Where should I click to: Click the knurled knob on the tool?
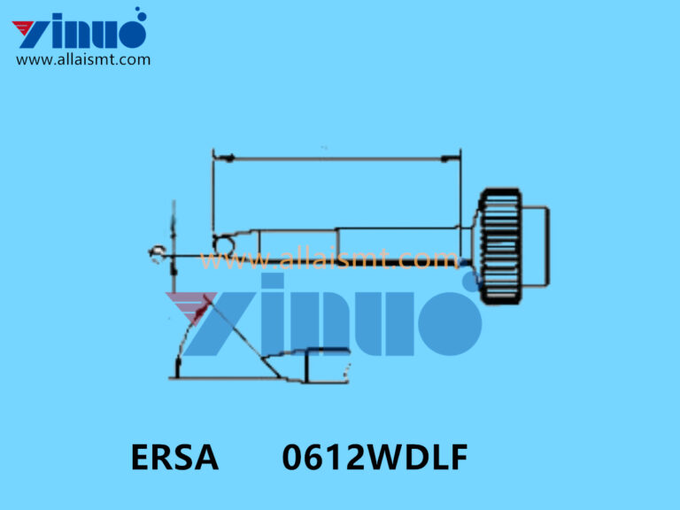click(x=498, y=245)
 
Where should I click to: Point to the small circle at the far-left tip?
click(x=157, y=254)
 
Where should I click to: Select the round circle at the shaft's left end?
click(x=223, y=243)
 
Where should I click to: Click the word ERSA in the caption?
click(x=174, y=458)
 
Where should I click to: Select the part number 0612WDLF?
click(x=375, y=458)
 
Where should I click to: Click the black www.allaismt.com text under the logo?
click(x=83, y=60)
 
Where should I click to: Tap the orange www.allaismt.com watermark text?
click(x=328, y=259)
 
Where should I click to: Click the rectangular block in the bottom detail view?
click(x=327, y=365)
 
